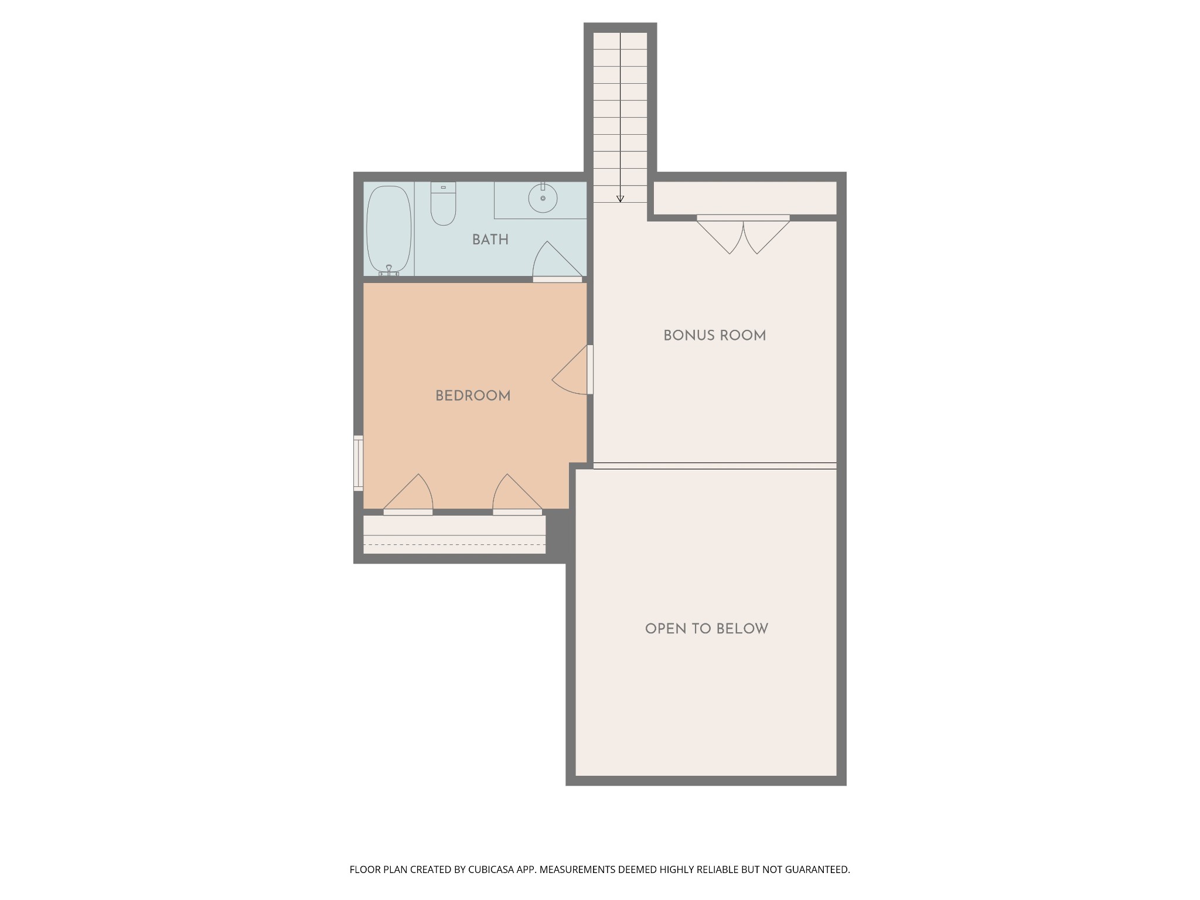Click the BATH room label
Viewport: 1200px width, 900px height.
(x=490, y=240)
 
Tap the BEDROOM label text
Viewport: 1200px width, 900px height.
(x=473, y=396)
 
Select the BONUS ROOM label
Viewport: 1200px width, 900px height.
(x=714, y=336)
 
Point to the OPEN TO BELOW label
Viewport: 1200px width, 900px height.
(x=706, y=629)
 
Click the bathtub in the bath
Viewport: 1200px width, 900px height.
(x=388, y=230)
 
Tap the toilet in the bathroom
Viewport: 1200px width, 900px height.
(x=443, y=203)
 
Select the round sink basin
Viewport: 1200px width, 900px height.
(x=543, y=199)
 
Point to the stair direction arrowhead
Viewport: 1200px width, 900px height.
(x=620, y=199)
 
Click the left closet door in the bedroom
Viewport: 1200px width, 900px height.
(x=408, y=494)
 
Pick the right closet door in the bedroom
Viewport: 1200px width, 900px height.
(x=517, y=494)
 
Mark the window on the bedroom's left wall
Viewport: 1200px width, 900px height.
(x=358, y=463)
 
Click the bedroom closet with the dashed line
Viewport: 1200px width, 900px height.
(x=455, y=534)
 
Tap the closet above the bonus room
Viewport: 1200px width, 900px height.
(x=745, y=198)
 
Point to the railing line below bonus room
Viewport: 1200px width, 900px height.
(x=715, y=466)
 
